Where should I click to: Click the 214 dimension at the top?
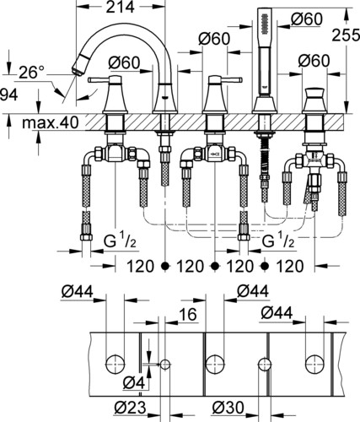[x=120, y=7]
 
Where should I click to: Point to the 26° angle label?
[x=32, y=73]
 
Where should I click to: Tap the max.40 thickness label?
[x=50, y=123]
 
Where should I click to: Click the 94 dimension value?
[x=8, y=95]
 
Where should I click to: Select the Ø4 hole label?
[x=134, y=383]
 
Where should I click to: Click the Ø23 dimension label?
[x=130, y=407]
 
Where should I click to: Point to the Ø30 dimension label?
[x=228, y=407]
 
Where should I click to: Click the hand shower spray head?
[x=265, y=23]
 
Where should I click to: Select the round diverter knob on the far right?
[x=314, y=93]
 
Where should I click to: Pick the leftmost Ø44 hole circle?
[x=116, y=365]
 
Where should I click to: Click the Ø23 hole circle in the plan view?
[x=165, y=365]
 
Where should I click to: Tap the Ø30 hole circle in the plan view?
[x=265, y=365]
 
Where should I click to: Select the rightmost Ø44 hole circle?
[x=314, y=365]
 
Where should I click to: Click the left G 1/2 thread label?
[x=120, y=241]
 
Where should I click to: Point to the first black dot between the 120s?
[x=165, y=266]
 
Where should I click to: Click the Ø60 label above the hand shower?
[x=306, y=19]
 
